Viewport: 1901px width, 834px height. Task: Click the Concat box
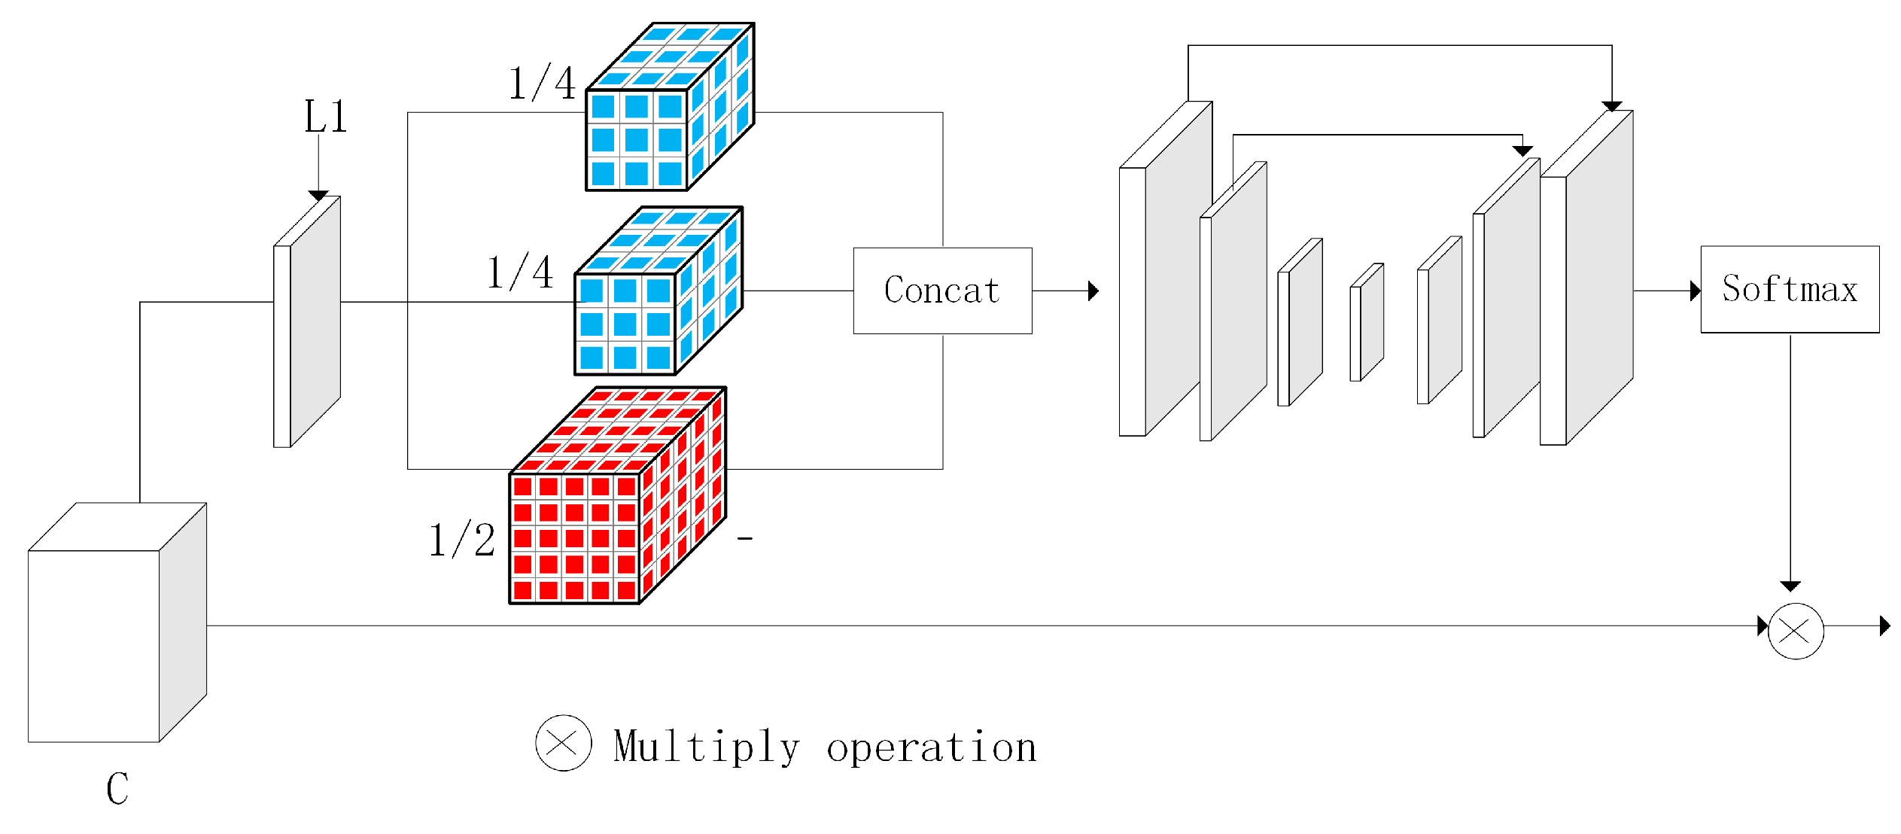[x=942, y=291]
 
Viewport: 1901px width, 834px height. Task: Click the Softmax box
[x=1790, y=289]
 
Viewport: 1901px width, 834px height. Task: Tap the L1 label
[x=325, y=117]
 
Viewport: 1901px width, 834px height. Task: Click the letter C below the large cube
[x=117, y=789]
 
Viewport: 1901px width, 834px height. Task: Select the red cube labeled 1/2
[x=602, y=512]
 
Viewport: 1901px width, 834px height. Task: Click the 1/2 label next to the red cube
[x=461, y=540]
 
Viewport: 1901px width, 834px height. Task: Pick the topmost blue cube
[x=662, y=113]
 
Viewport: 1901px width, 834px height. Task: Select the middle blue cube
[x=651, y=297]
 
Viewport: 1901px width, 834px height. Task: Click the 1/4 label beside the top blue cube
[x=542, y=83]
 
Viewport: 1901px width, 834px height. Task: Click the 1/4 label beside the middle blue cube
[x=519, y=272]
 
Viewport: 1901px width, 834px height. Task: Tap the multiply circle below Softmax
[x=1796, y=631]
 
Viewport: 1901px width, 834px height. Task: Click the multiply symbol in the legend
[x=563, y=743]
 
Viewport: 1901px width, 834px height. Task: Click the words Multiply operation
[x=825, y=747]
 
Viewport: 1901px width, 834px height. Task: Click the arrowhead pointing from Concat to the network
[x=1093, y=291]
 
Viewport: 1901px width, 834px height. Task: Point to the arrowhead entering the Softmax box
[x=1695, y=291]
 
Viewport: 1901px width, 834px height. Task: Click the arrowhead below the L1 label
[x=318, y=196]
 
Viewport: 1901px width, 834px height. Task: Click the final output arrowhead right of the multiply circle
[x=1884, y=625]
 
